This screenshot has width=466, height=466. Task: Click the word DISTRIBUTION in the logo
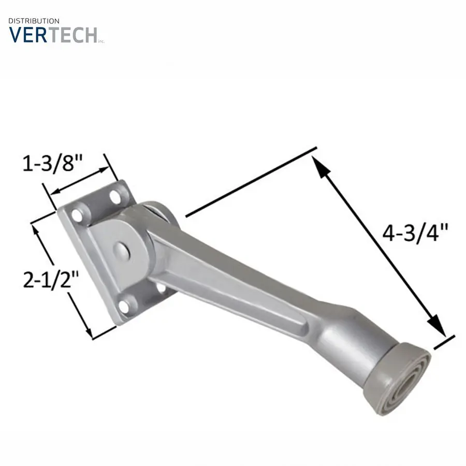tap(34, 21)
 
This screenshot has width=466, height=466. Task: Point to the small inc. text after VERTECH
tap(101, 41)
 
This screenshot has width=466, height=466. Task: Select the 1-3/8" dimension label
tap(52, 164)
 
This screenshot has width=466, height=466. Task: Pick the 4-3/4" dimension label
tap(414, 232)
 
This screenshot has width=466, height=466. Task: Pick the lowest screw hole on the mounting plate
tap(124, 306)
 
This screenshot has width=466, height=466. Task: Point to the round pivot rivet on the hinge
tap(121, 250)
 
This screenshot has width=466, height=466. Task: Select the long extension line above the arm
tap(251, 181)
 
